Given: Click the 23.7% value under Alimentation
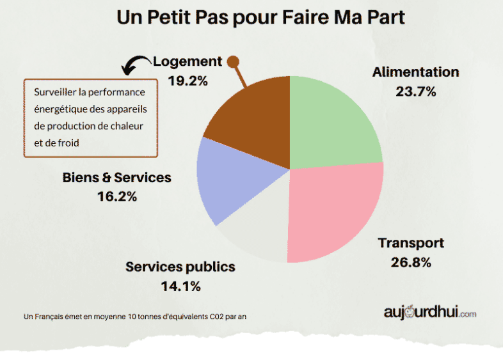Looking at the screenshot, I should pyautogui.click(x=416, y=91).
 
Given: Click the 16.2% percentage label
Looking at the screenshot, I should pyautogui.click(x=117, y=196).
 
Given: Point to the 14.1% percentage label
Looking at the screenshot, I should pyautogui.click(x=181, y=286).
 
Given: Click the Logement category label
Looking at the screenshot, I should pyautogui.click(x=188, y=62).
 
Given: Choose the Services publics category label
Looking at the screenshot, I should pyautogui.click(x=180, y=267).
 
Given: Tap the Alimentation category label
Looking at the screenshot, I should pyautogui.click(x=416, y=72).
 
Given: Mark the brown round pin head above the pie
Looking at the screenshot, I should pyautogui.click(x=233, y=61).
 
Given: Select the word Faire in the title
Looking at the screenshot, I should pyautogui.click(x=309, y=17).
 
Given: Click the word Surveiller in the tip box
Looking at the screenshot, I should pyautogui.click(x=56, y=92).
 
